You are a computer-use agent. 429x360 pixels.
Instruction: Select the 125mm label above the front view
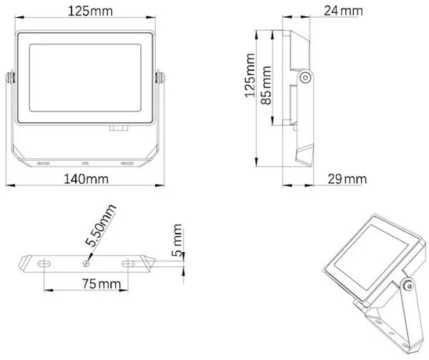tap(86, 11)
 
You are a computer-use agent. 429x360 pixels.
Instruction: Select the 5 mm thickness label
tap(177, 241)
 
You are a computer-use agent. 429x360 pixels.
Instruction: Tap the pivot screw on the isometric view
tap(408, 286)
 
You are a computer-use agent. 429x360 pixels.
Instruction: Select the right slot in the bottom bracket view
tap(129, 263)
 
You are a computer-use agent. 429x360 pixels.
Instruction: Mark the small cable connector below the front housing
tap(118, 129)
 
